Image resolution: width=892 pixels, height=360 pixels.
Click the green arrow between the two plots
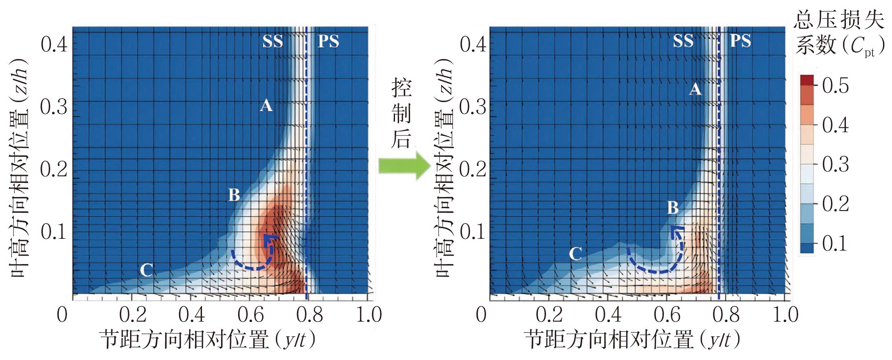(404, 165)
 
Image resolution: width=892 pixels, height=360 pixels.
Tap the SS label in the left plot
(273, 42)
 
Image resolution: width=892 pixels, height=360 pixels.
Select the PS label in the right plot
(740, 41)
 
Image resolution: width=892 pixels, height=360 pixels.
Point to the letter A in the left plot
(266, 106)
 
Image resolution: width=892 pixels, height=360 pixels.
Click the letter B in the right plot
(673, 208)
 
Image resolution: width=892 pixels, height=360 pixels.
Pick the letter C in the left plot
(146, 270)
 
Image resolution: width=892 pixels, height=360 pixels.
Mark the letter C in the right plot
(575, 253)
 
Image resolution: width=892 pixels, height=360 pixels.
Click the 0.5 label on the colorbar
(835, 86)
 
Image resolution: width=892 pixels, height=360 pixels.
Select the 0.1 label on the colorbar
(835, 243)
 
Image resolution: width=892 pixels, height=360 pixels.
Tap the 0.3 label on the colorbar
(835, 164)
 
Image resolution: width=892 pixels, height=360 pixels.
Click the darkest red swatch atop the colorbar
(807, 80)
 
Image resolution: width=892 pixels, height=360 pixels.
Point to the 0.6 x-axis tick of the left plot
(251, 315)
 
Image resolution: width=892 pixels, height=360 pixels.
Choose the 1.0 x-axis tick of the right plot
(785, 315)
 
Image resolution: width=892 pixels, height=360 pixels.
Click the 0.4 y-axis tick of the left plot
(54, 44)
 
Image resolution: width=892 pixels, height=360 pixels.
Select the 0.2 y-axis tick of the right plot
(473, 169)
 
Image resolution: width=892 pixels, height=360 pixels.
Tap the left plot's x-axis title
(207, 340)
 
